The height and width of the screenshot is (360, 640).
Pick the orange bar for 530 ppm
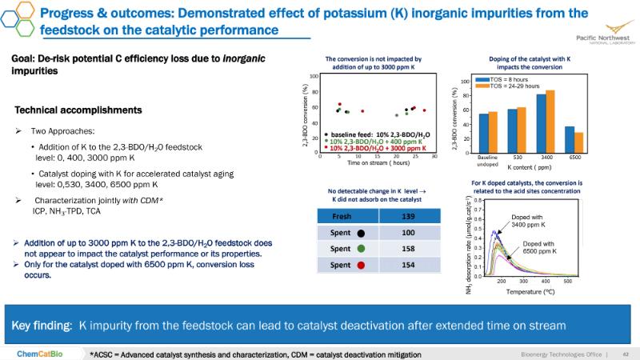pyautogui.click(x=522, y=130)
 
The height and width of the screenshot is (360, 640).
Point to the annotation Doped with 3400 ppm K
pyautogui.click(x=529, y=221)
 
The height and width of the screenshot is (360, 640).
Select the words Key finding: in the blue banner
pyautogui.click(x=42, y=326)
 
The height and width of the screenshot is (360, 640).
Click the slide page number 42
pyautogui.click(x=626, y=353)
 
